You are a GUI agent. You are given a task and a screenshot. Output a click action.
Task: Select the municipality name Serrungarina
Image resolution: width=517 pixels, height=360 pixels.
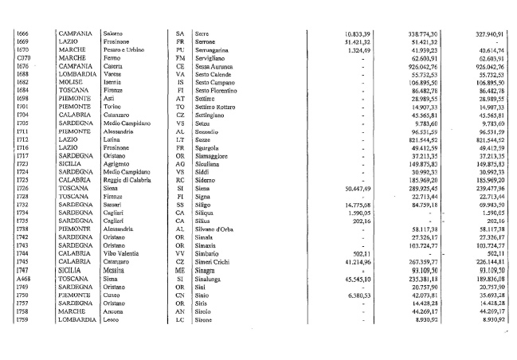tap(214, 49)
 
